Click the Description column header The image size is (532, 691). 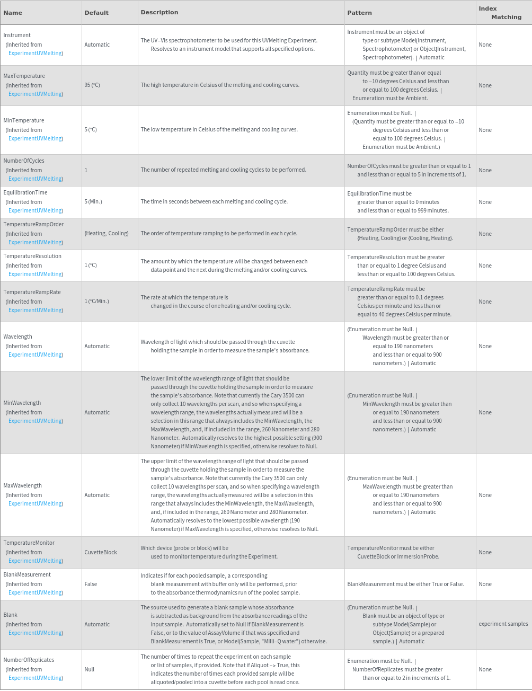(x=159, y=12)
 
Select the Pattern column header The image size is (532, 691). (x=359, y=13)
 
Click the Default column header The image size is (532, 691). (x=96, y=13)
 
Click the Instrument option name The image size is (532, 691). (x=17, y=35)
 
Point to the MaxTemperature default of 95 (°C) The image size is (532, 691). (x=92, y=85)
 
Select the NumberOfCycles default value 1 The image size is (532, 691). (x=86, y=170)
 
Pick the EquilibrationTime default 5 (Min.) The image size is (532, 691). (x=93, y=201)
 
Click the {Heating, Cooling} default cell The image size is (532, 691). (x=107, y=233)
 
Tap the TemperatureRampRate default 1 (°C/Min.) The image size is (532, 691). (x=96, y=301)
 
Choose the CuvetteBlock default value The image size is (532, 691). (x=101, y=552)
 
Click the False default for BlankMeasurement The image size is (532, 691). (x=91, y=584)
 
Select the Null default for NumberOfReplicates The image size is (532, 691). (x=90, y=669)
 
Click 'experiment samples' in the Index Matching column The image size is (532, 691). (x=503, y=624)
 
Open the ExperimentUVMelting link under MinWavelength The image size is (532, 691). (x=36, y=421)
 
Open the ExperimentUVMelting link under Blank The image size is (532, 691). (x=36, y=633)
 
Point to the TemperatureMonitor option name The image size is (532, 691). (x=29, y=543)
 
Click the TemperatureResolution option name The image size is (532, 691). (x=32, y=256)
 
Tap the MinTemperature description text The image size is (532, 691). (x=219, y=129)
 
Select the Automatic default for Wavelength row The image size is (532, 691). (x=97, y=346)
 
